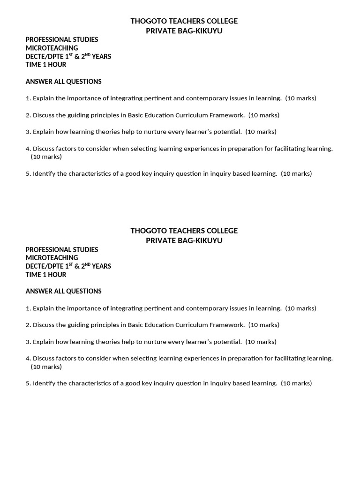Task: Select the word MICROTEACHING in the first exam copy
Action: pyautogui.click(x=52, y=48)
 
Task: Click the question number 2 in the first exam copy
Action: pyautogui.click(x=28, y=115)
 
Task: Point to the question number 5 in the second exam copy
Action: pyautogui.click(x=28, y=383)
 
